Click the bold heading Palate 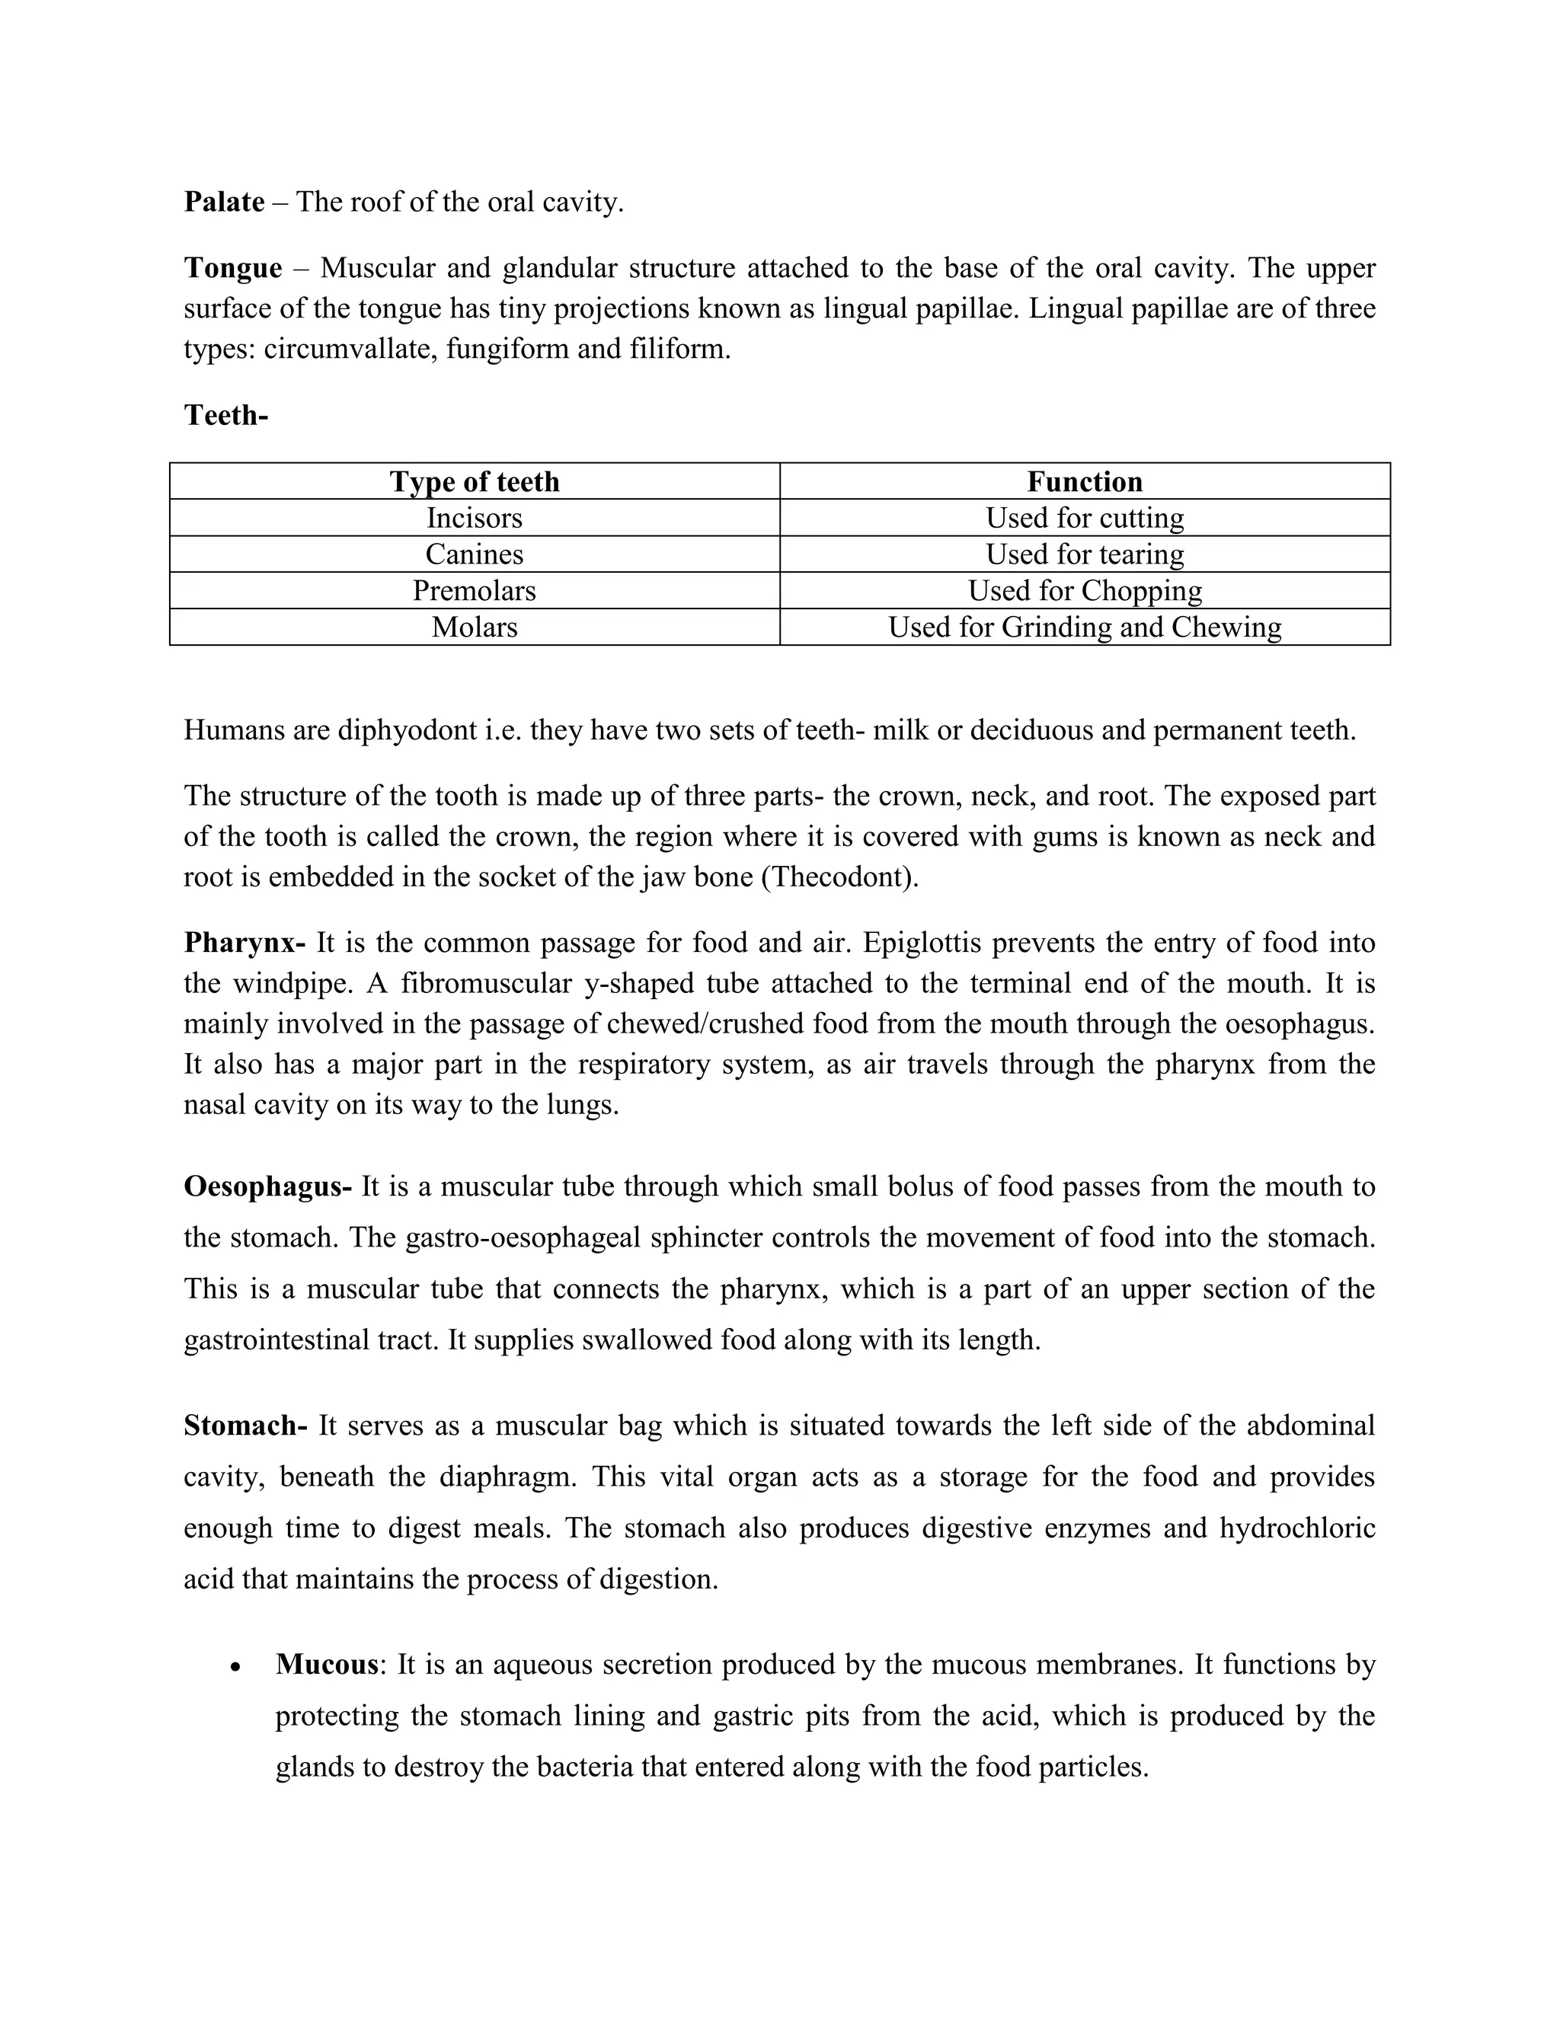coord(224,202)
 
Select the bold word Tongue coord(233,268)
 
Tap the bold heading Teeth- coord(225,415)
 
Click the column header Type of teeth coord(474,481)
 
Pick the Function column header coord(1084,481)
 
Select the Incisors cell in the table coord(474,517)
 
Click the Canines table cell coord(474,554)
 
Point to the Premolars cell coord(474,590)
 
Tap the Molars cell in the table coord(474,627)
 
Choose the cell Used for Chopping coord(1084,590)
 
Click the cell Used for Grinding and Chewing coord(1084,627)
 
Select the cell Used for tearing coord(1084,554)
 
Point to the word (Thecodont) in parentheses coord(839,876)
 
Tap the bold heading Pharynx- coord(244,943)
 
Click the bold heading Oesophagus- coord(267,1186)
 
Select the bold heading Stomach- coord(245,1426)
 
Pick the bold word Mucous coord(327,1665)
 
